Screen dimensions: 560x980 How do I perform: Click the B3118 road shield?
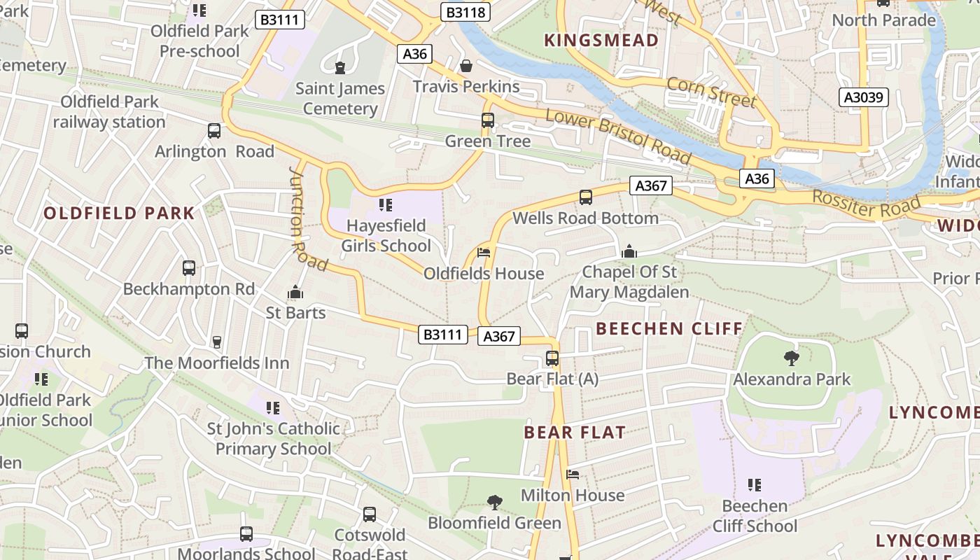coord(465,12)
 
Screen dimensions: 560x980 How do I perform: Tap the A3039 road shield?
coord(864,97)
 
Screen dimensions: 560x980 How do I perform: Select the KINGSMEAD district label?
coord(601,41)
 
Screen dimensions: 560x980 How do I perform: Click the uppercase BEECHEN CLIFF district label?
coord(668,328)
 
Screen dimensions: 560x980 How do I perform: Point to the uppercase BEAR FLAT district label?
coord(575,432)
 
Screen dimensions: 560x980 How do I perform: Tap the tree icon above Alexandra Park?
coord(792,358)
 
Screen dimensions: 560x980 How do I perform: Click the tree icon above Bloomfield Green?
coord(494,502)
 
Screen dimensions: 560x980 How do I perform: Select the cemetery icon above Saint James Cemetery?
coord(340,67)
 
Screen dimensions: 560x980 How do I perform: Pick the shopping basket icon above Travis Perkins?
coord(465,66)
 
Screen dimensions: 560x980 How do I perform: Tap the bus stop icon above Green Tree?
coord(488,120)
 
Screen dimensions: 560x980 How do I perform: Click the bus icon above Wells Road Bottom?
coord(586,197)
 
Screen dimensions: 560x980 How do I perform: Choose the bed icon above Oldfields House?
coord(484,252)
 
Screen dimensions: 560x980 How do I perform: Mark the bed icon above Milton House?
coord(573,474)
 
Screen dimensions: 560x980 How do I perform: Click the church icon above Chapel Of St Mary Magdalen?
coord(629,251)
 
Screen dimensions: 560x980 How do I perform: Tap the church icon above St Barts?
coord(295,292)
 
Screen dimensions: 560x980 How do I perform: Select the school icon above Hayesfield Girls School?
coord(386,204)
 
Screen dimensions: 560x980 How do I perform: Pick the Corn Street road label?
coord(711,92)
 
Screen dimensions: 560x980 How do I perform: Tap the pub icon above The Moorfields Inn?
coord(217,342)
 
